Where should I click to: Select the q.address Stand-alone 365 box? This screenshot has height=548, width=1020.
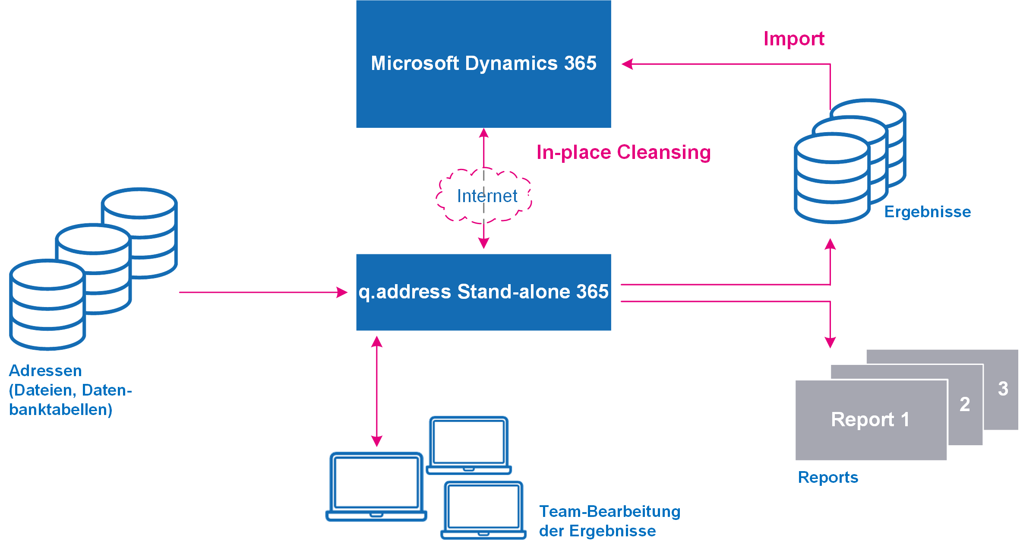coord(483,292)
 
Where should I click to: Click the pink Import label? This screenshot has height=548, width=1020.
coord(794,39)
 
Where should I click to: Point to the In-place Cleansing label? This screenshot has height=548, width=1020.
coord(623,152)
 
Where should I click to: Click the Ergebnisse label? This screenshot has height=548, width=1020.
coord(927,212)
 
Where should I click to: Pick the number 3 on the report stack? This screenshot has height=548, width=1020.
coord(1003,389)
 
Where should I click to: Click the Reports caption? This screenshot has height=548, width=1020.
coord(828,478)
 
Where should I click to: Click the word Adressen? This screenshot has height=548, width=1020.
coord(45,371)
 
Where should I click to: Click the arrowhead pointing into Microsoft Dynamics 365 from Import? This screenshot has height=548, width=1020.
coord(627,64)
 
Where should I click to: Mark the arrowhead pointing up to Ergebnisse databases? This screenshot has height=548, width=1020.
coord(830,244)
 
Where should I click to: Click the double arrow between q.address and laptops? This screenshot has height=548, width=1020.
coord(377,391)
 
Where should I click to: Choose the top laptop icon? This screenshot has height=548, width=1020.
coord(469,445)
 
